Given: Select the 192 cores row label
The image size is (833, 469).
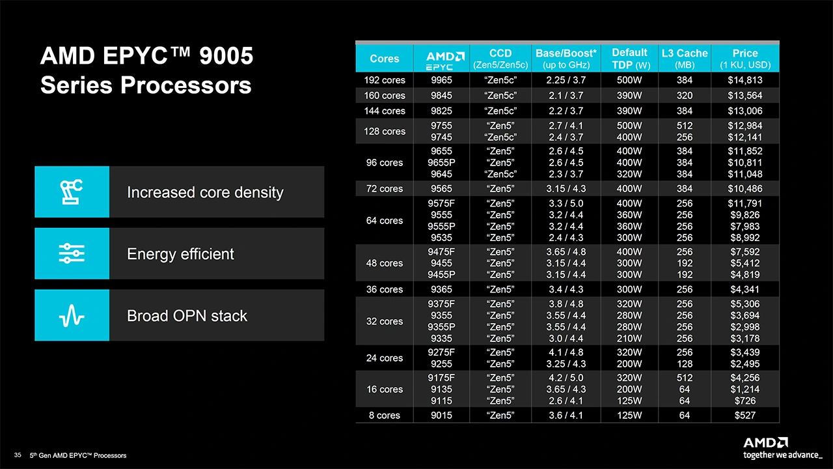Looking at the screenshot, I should point(385,80).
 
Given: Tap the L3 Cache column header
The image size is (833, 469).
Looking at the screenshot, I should point(683,58).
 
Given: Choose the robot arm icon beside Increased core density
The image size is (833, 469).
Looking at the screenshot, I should point(72,192).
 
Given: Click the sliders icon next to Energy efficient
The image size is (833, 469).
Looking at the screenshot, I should point(72,253).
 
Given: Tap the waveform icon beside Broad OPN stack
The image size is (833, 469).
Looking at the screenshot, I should point(72,315).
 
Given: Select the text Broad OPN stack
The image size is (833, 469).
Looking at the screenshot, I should point(187,316).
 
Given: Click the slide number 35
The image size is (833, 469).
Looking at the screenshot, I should point(18,455).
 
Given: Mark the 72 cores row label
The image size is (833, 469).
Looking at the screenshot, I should point(385,189).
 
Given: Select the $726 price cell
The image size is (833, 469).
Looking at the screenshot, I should point(745,401).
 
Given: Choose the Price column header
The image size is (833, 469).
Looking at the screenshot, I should point(745,58).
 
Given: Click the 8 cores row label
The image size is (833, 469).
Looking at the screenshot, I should point(385,415).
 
